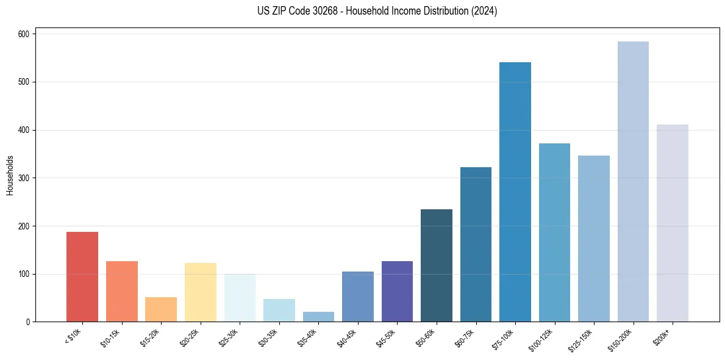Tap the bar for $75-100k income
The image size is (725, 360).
[515, 192]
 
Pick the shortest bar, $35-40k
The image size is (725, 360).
[318, 317]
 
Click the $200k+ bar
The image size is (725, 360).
[673, 223]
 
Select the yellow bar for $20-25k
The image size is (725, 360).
[200, 292]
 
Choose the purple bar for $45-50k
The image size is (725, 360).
[397, 291]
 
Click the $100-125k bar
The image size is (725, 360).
[554, 232]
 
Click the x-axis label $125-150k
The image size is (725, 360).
[581, 339]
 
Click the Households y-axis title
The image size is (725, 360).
[10, 175]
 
